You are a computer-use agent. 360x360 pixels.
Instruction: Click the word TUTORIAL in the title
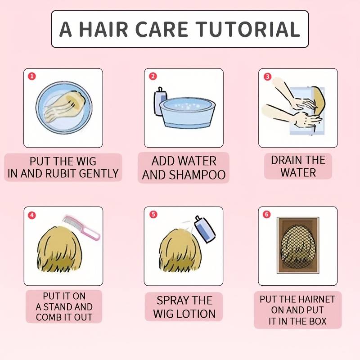click(x=249, y=29)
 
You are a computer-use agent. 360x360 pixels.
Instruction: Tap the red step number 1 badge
click(x=32, y=76)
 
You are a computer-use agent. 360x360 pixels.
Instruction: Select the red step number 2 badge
click(x=153, y=76)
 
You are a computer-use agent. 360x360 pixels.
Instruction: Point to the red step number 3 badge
click(x=267, y=76)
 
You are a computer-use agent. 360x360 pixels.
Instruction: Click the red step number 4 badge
click(x=32, y=215)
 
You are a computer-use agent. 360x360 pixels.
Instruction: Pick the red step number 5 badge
click(x=153, y=215)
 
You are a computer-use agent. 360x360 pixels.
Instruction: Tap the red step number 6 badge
click(x=266, y=214)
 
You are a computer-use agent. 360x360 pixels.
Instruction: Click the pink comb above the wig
click(x=81, y=227)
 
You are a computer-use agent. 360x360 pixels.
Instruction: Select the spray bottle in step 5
click(x=205, y=229)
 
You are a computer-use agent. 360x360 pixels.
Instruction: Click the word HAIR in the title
click(x=103, y=29)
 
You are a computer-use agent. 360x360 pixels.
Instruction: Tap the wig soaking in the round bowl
click(x=65, y=106)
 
